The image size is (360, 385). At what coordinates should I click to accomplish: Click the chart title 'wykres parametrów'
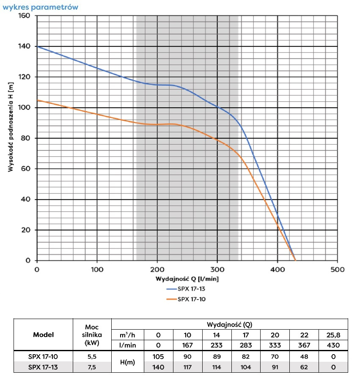(x=40, y=7)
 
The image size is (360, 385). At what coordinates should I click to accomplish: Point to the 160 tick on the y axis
(x=25, y=16)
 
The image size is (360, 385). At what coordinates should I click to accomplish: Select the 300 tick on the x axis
(x=217, y=269)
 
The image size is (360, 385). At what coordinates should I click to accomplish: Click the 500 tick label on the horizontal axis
(x=337, y=269)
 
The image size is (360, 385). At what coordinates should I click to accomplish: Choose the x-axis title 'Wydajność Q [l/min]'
(x=187, y=279)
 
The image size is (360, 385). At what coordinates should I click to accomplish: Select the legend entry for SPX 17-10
(x=187, y=299)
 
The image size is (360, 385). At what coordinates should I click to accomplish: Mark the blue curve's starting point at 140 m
(x=37, y=46)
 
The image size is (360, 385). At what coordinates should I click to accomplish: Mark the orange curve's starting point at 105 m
(x=37, y=100)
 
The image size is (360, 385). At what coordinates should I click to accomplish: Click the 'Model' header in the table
(x=43, y=335)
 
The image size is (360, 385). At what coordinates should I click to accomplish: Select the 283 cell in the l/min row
(x=246, y=345)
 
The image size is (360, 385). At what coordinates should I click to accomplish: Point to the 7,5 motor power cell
(x=91, y=367)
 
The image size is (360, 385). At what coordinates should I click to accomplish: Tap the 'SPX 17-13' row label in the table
(x=43, y=367)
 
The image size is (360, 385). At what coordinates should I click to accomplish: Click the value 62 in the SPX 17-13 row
(x=304, y=367)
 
